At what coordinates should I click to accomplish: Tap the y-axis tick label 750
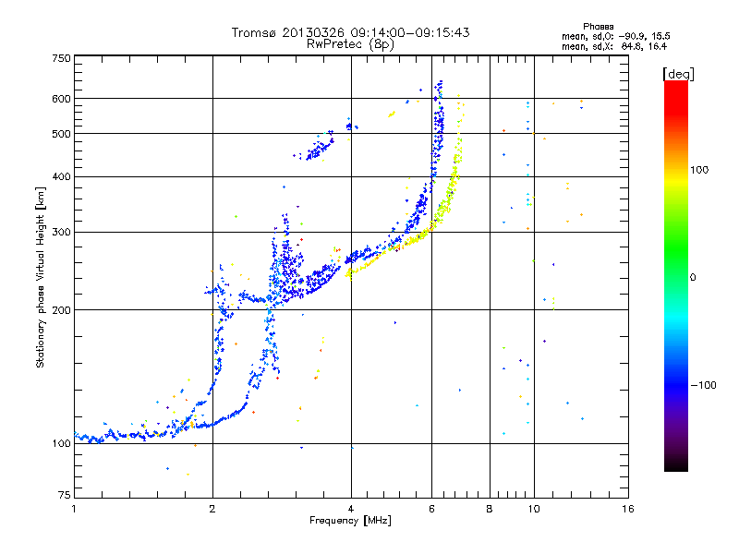tap(61, 58)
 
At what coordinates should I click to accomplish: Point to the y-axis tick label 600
tap(61, 99)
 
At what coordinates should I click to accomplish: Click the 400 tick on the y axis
tap(61, 176)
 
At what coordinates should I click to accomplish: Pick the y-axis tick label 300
tap(61, 232)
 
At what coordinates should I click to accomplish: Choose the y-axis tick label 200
tap(61, 310)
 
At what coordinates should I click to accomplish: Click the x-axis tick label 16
tap(627, 510)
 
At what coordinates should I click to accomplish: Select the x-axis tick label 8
tap(490, 510)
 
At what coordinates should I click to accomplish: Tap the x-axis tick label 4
tap(351, 510)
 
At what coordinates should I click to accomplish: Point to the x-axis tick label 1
tap(74, 510)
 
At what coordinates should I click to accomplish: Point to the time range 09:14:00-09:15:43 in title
tap(406, 32)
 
